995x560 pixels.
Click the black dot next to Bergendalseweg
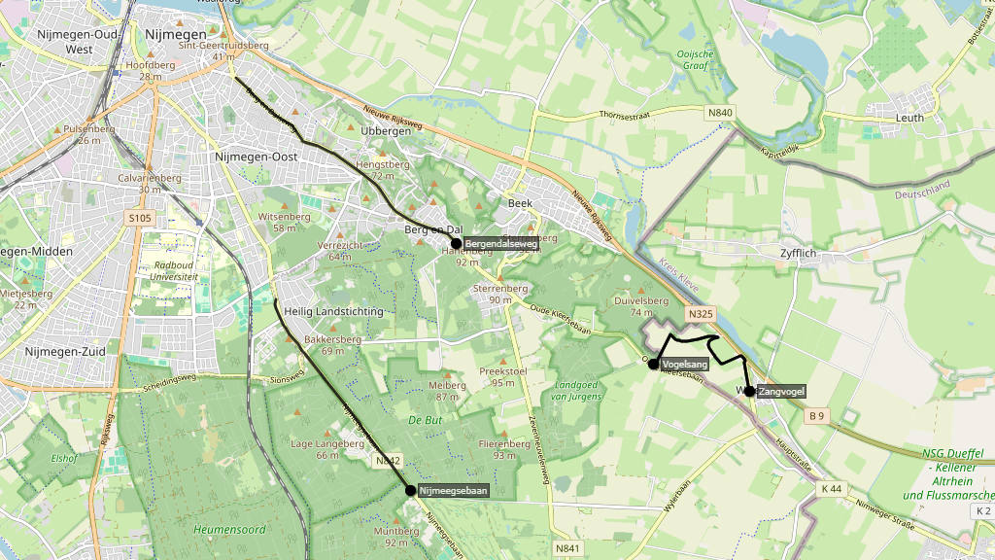pos(456,243)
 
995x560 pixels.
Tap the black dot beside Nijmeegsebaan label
pos(411,491)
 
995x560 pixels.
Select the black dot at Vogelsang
pos(654,364)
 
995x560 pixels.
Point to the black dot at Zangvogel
pos(749,391)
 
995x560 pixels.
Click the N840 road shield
pos(720,113)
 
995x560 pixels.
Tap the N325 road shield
pos(701,314)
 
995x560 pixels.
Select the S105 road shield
pos(140,219)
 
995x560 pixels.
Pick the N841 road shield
pos(567,549)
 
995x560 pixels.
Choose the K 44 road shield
pos(830,487)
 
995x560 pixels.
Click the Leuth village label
pos(909,118)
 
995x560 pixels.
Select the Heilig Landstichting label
pos(333,311)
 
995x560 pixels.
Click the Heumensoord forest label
pos(229,530)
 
